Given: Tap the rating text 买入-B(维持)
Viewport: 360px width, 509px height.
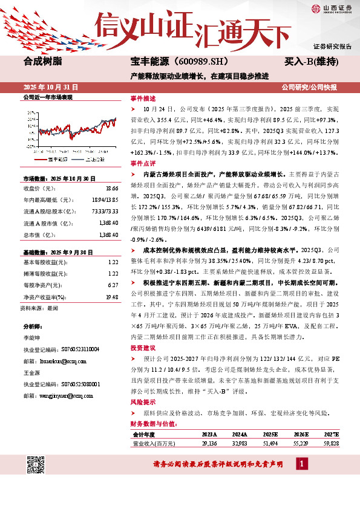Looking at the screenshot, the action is click(x=311, y=61).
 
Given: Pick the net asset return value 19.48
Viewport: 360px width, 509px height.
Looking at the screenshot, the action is click(x=111, y=297).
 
